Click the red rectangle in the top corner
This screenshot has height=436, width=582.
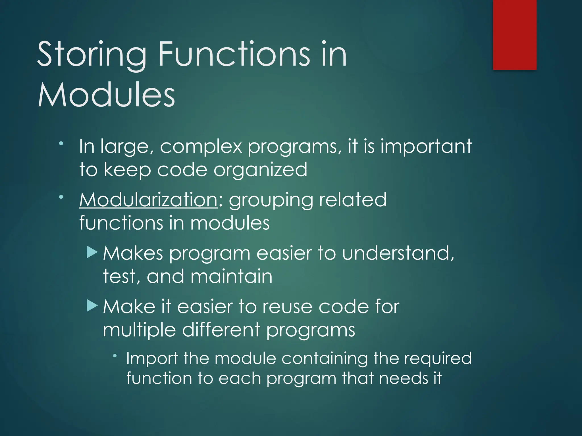515,35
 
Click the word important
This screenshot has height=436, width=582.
426,147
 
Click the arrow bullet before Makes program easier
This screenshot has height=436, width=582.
92,252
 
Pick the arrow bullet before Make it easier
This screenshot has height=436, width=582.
92,306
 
